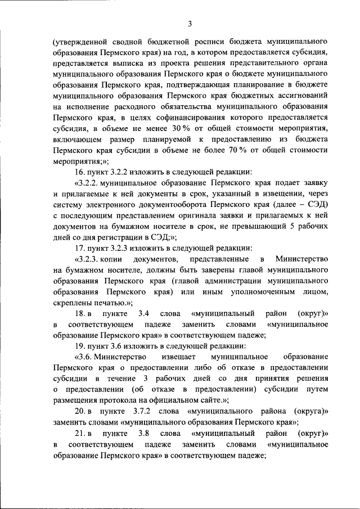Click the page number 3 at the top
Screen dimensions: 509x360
pyautogui.click(x=190, y=23)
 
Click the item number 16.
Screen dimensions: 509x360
pyautogui.click(x=79, y=172)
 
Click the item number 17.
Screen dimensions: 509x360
pyautogui.click(x=79, y=247)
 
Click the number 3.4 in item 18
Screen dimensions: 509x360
pyautogui.click(x=142, y=313)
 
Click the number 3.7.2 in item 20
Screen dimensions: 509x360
pyautogui.click(x=145, y=411)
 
